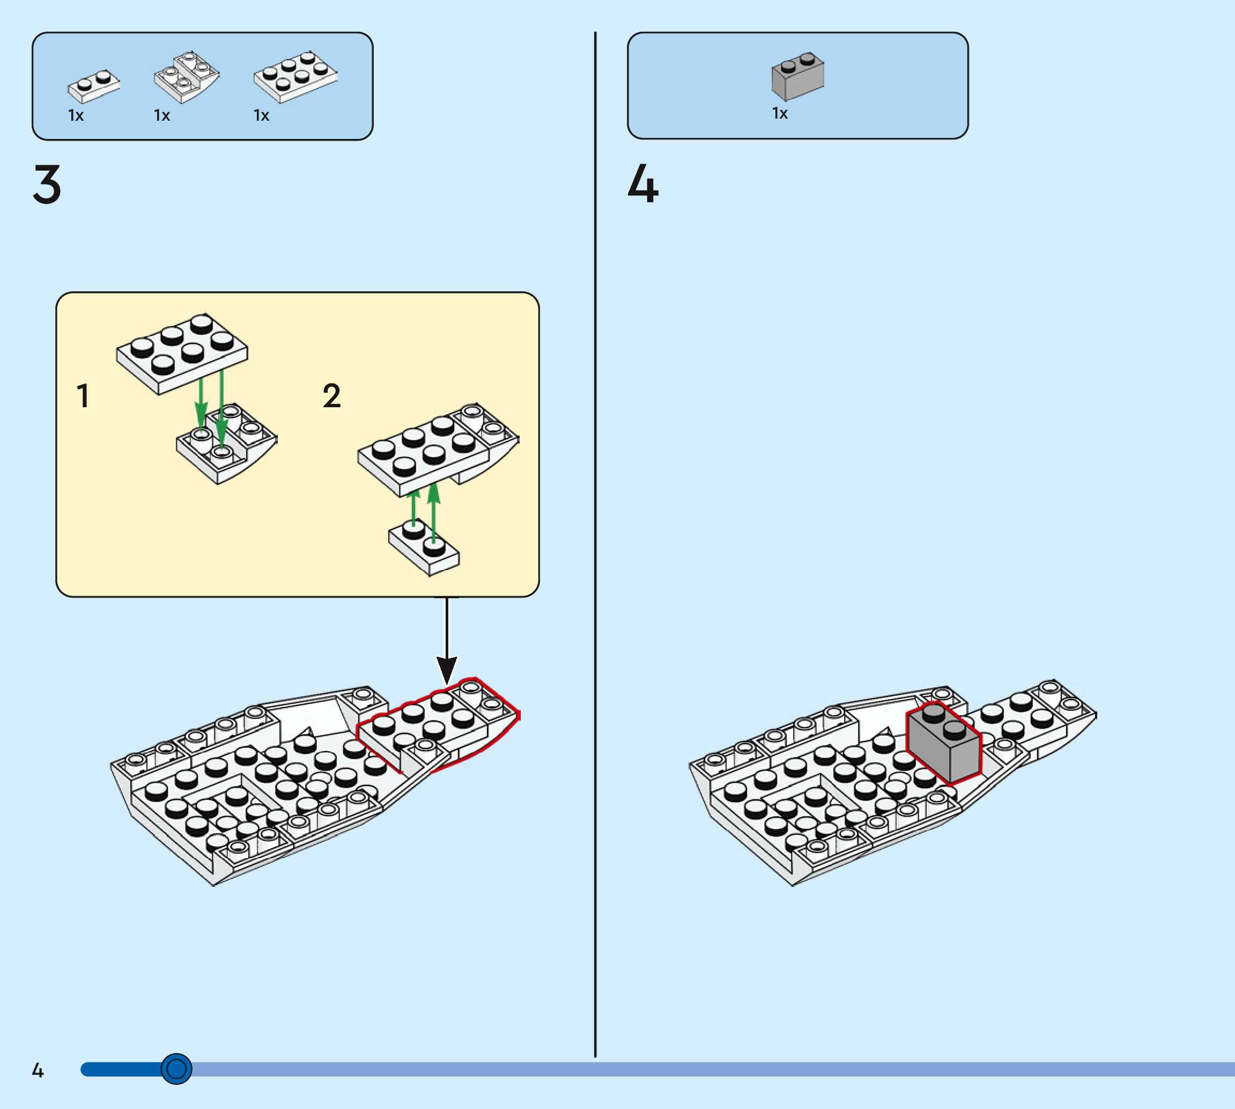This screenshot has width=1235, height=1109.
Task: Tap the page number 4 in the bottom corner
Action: tap(38, 1070)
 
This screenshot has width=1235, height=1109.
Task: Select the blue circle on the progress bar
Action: tap(176, 1069)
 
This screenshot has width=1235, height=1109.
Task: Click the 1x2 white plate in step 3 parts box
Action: tap(94, 86)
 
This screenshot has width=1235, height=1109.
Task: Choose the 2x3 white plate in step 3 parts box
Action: tap(295, 77)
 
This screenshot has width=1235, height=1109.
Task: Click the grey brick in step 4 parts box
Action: tap(798, 76)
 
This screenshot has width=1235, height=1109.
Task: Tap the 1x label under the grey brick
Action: tap(780, 114)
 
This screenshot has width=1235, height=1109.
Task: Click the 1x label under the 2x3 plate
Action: tap(261, 116)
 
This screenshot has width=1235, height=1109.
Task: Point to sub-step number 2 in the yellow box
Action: tap(331, 396)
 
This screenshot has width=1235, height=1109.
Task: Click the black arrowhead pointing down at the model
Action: tap(447, 670)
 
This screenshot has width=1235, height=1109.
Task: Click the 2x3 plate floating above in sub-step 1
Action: tap(182, 354)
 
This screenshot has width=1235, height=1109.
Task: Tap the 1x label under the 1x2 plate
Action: tap(76, 116)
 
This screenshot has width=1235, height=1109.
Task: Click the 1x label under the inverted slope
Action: tap(162, 116)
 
